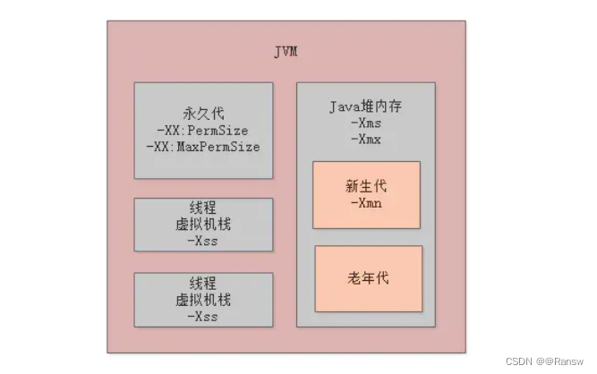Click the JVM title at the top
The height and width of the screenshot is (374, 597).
(286, 52)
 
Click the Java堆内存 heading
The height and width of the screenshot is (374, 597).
(366, 106)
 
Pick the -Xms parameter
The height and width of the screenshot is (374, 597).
(366, 123)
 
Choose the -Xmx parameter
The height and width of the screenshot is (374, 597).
(366, 139)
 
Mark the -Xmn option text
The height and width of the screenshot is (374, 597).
(366, 203)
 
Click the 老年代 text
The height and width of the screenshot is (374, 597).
(368, 278)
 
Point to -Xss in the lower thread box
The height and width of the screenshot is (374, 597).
(203, 316)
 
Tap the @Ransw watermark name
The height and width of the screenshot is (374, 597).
(561, 361)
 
